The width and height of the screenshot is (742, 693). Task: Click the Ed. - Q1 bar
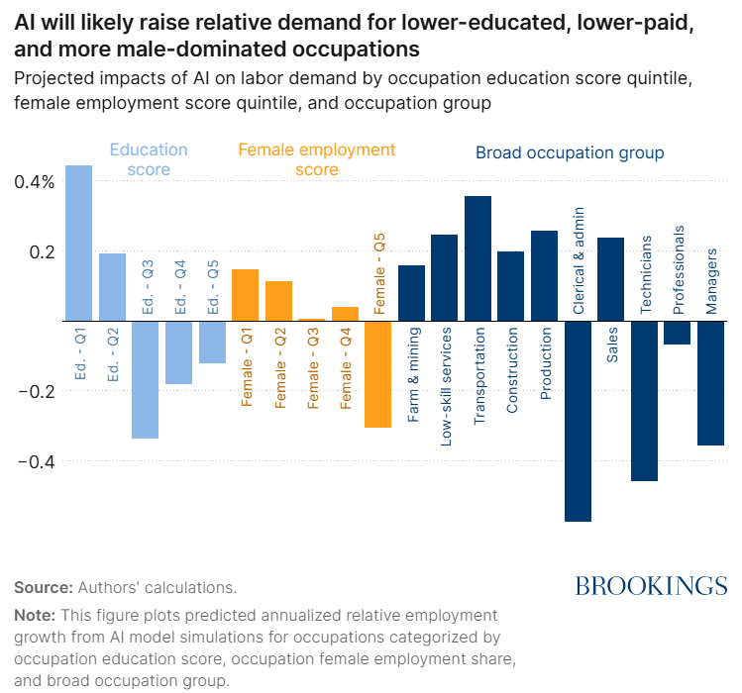point(78,244)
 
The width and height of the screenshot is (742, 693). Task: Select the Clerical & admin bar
point(578,422)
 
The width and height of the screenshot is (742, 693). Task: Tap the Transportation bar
point(478,258)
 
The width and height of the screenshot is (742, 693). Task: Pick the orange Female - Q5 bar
point(378,374)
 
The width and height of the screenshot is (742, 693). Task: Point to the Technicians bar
point(645,401)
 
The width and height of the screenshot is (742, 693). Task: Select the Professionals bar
point(678,333)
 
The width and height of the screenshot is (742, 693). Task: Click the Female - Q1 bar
point(245,295)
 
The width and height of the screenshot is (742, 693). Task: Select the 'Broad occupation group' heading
point(570,152)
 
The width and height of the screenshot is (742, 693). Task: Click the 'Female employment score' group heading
point(317,159)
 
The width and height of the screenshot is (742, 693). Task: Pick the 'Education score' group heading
point(149,159)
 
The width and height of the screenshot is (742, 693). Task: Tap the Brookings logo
point(651,585)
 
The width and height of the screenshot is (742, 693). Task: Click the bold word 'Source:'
point(43,586)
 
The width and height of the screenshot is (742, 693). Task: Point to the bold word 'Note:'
point(36,615)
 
